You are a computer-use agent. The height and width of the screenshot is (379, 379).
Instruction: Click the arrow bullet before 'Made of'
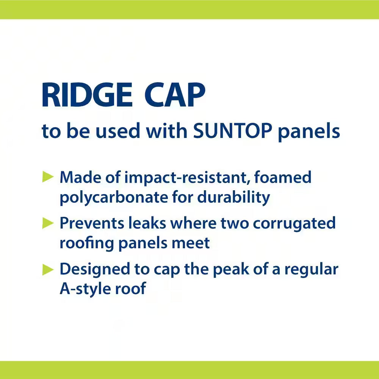pyautogui.click(x=48, y=177)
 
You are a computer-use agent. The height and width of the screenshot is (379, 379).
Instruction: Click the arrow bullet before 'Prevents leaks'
pyautogui.click(x=48, y=223)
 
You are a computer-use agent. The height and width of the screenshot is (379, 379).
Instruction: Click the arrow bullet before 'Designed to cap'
pyautogui.click(x=48, y=269)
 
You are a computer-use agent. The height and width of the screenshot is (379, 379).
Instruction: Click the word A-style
pyautogui.click(x=85, y=289)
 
